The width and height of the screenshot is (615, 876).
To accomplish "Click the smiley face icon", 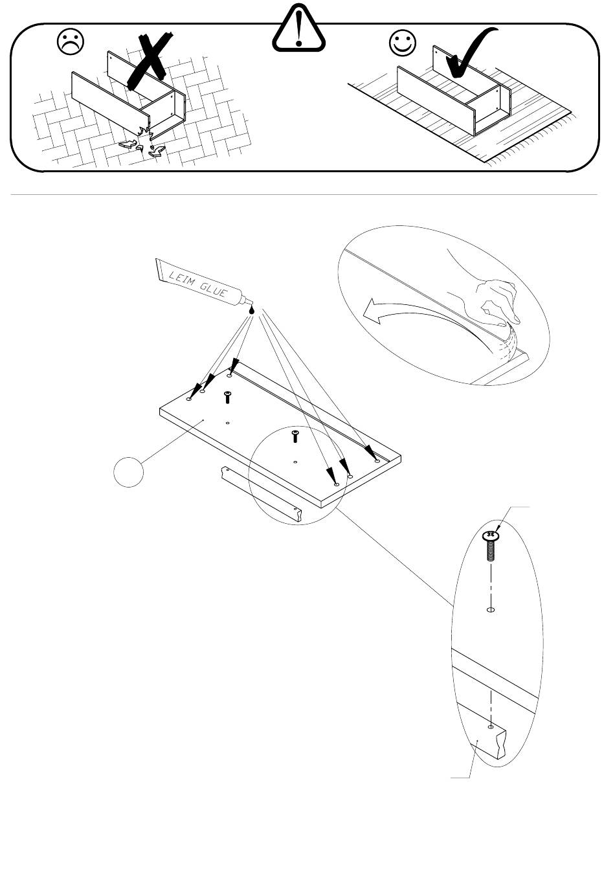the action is point(402,43).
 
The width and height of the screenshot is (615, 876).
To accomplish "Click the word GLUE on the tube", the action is point(213,290).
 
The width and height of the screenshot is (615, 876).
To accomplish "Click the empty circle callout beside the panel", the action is point(129,473).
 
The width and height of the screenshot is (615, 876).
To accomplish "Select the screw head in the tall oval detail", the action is point(491,536).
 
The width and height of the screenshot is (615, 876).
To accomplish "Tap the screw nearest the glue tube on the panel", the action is point(227,398).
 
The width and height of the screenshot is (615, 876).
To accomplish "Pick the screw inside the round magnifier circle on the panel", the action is point(296,436).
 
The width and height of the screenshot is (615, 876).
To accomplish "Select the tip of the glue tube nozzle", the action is point(252,304).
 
